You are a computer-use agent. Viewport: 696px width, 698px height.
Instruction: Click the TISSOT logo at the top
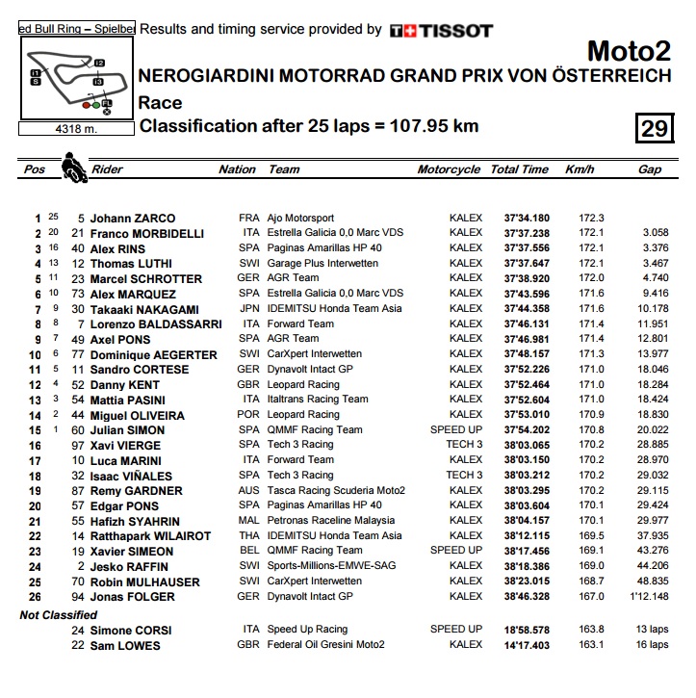tap(441, 31)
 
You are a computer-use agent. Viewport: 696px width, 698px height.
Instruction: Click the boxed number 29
tap(655, 128)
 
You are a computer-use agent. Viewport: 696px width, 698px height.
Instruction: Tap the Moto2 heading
tap(629, 51)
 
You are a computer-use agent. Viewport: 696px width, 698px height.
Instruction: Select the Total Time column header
tap(519, 169)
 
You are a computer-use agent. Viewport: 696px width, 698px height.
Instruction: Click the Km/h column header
tap(580, 169)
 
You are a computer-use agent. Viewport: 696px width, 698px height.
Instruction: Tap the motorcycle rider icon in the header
tap(71, 169)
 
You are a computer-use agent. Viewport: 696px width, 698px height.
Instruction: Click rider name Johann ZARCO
tap(134, 219)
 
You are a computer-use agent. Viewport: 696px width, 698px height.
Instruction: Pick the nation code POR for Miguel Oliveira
tap(249, 415)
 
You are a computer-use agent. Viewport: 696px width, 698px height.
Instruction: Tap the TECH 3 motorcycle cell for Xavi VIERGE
tap(465, 445)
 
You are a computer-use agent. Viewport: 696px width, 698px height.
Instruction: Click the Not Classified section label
tap(59, 614)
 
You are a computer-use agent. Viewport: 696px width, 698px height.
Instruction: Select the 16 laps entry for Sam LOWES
tap(652, 644)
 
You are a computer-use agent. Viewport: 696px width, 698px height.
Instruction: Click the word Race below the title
tap(160, 103)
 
